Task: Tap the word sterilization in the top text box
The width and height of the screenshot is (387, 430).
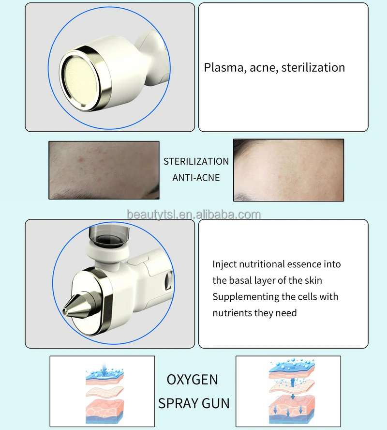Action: coord(313,67)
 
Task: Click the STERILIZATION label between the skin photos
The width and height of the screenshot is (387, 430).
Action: coord(196,161)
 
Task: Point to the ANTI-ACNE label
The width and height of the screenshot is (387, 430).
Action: coord(196,178)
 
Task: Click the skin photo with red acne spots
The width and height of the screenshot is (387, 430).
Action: coord(104,169)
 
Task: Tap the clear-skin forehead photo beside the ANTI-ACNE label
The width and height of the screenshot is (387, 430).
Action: coord(288,170)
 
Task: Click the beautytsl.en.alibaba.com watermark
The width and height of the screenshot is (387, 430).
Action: coord(193,215)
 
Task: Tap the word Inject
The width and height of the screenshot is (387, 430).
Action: coord(224,264)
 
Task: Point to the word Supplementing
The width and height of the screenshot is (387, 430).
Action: coord(243,296)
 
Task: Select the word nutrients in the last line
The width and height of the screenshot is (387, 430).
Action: coord(233,313)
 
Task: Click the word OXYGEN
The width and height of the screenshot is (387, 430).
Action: coord(192,380)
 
